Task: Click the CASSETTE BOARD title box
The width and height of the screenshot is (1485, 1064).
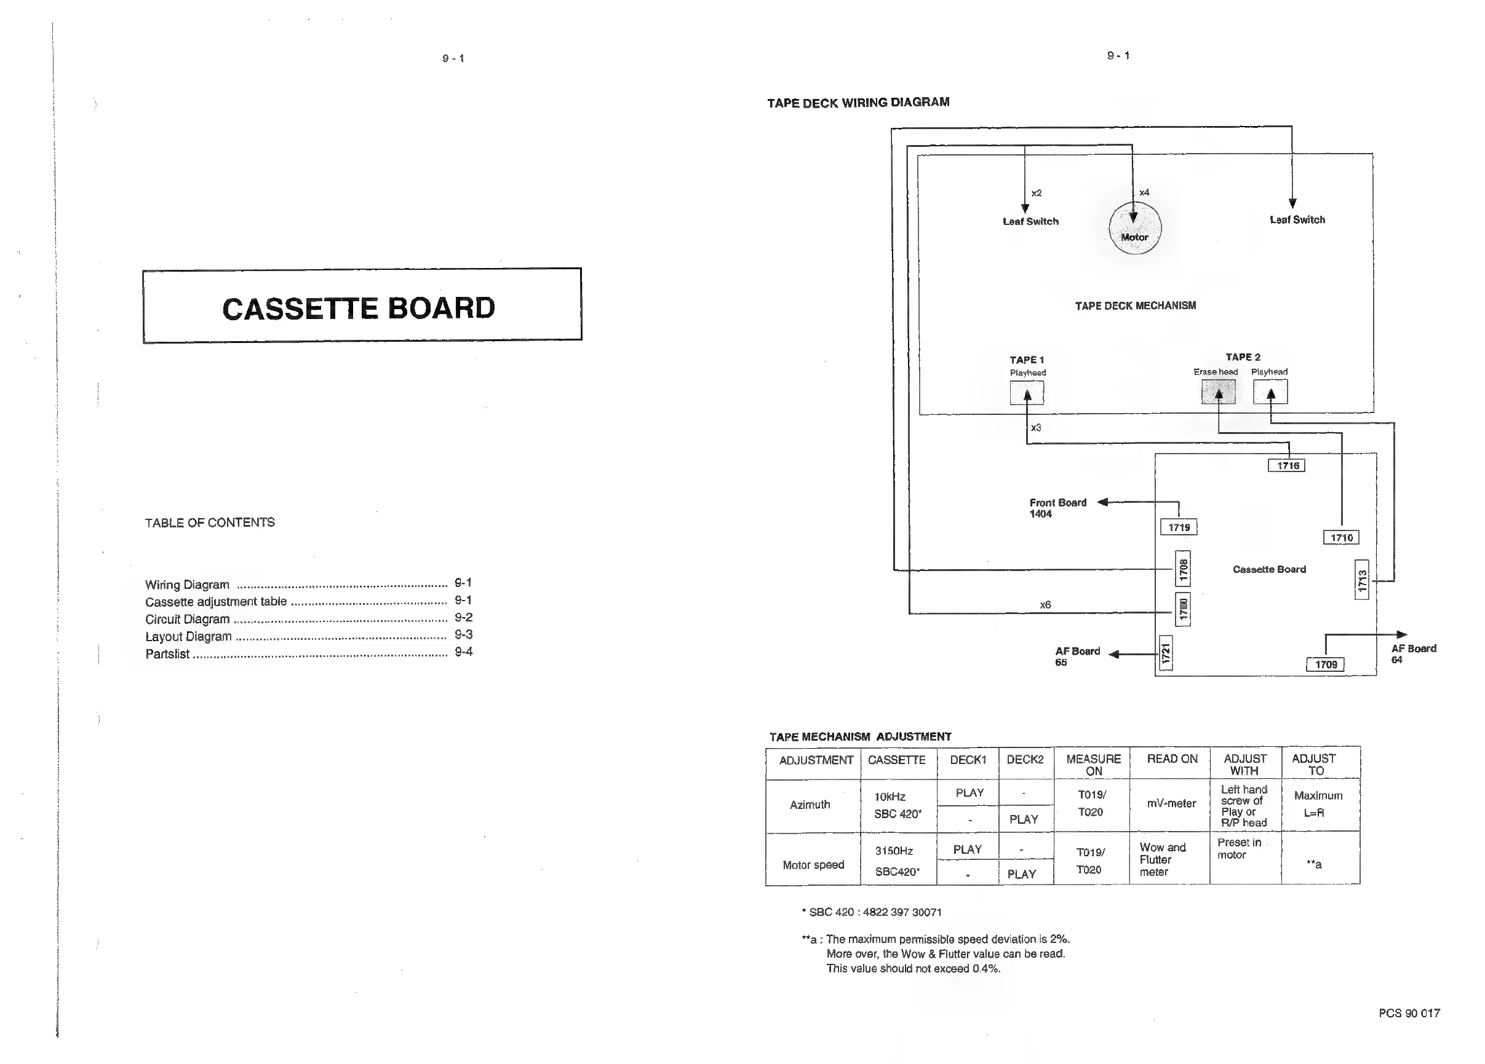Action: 362,305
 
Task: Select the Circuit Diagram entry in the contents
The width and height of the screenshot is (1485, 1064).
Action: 187,619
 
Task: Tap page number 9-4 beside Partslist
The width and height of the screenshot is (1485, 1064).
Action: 463,652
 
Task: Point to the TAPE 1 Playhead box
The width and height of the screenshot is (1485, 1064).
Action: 1027,393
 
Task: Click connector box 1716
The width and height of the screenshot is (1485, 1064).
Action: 1288,466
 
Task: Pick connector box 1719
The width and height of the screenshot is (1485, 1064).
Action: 1179,527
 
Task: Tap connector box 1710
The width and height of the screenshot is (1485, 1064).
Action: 1341,538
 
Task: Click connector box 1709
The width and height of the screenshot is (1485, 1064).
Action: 1325,665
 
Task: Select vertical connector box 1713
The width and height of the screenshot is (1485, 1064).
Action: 1362,580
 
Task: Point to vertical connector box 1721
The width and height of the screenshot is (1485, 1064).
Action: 1166,653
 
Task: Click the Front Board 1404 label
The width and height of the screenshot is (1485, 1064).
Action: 1057,508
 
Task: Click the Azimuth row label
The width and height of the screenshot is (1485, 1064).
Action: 810,805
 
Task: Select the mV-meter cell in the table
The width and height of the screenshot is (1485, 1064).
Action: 1171,803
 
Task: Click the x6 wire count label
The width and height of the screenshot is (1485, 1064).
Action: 1045,605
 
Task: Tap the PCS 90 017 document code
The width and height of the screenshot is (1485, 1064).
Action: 1409,1013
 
